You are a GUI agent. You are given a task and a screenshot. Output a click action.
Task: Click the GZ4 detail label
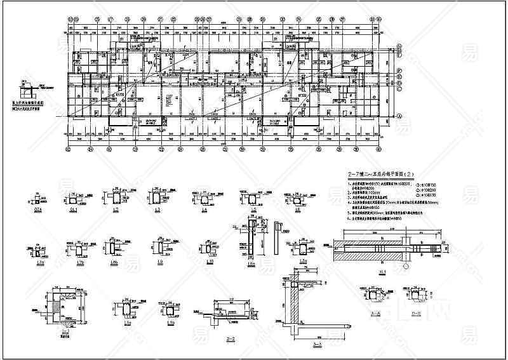(x=39, y=210)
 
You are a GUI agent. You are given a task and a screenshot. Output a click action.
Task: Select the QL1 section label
(x=73, y=210)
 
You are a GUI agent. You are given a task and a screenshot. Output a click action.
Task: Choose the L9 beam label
(x=159, y=262)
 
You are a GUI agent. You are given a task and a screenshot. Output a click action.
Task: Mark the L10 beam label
(x=208, y=262)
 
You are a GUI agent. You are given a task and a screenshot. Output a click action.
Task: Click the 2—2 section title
(x=231, y=340)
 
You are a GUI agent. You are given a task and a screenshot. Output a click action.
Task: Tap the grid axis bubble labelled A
(x=399, y=117)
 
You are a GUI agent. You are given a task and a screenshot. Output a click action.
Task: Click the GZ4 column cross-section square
(x=39, y=198)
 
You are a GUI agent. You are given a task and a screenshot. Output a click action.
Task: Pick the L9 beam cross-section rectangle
(x=159, y=248)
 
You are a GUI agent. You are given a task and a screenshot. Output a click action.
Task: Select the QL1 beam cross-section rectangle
(x=74, y=198)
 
